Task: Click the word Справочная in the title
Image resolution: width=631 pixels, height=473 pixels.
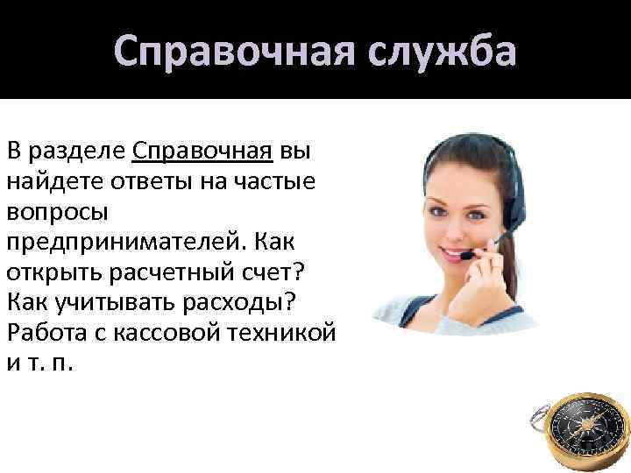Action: (230, 51)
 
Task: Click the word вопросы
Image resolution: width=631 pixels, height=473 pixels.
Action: (58, 212)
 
